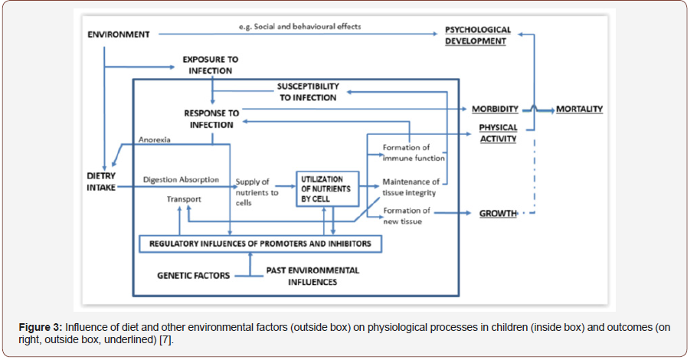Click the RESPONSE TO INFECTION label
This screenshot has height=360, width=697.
[x=211, y=119]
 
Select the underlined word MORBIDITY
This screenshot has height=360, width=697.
[x=495, y=110]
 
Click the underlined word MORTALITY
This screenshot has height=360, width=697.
[x=579, y=110]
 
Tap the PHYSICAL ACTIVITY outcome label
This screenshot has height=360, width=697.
[x=498, y=133]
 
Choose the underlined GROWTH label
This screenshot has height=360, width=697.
[x=498, y=213]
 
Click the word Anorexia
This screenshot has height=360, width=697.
[x=154, y=140]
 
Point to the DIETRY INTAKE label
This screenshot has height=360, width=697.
[x=100, y=181]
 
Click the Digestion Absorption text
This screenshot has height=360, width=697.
[x=182, y=180]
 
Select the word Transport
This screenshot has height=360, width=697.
[x=185, y=199]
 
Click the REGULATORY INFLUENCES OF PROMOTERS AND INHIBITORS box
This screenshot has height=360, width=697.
[x=260, y=244]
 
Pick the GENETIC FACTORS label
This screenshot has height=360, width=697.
[x=193, y=275]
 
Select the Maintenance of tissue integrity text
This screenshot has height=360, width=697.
[x=411, y=187]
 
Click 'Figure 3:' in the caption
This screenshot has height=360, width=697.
[x=41, y=327]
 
